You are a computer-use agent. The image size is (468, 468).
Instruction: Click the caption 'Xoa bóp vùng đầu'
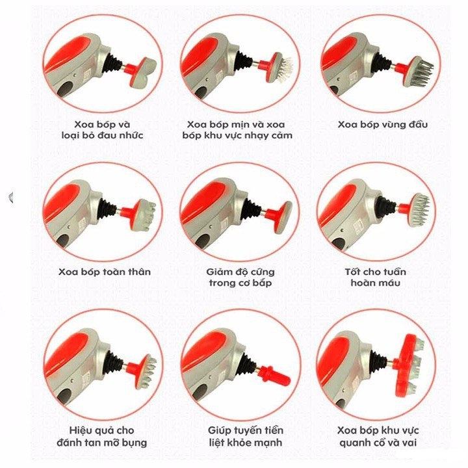pos(383,124)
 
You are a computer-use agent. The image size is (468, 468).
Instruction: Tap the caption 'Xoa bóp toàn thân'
pos(105,272)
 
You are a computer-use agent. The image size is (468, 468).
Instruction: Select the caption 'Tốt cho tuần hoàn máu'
pos(376,278)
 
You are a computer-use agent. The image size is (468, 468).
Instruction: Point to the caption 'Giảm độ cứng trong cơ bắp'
pos(240,278)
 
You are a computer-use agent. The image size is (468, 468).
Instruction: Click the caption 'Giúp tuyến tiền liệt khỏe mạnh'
pos(245,436)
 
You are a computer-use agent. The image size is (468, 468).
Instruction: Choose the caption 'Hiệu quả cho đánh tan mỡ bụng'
pos(102,436)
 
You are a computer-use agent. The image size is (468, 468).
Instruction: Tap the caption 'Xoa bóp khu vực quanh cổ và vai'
pos(378,436)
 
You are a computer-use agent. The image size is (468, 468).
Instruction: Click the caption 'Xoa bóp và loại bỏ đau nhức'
pos(102,130)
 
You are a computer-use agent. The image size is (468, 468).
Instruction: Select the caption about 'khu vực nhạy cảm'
pos(237,130)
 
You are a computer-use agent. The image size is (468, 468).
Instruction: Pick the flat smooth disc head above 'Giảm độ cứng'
pos(283,217)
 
